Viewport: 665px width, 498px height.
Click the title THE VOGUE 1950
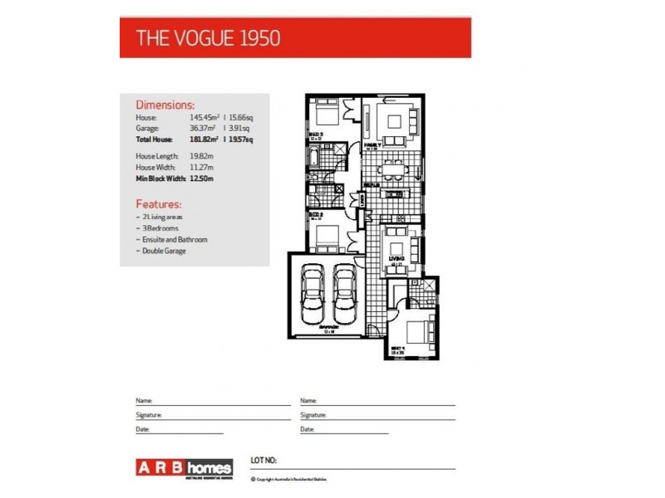[208, 37]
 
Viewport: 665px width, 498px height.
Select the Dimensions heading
[165, 105]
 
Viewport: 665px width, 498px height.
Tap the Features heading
[158, 204]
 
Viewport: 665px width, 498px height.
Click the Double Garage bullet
[163, 251]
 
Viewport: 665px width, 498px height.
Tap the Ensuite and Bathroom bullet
[174, 239]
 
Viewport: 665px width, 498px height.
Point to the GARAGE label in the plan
[329, 329]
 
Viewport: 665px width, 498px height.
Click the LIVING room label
[397, 259]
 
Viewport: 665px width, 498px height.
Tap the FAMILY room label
[373, 146]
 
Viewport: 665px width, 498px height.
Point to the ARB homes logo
[184, 467]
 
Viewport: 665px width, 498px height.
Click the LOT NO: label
[264, 459]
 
